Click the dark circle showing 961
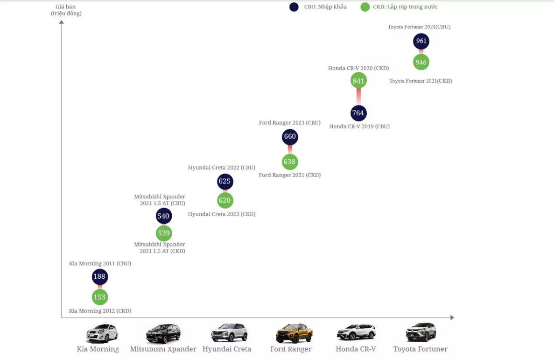point(421,41)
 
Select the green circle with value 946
point(421,62)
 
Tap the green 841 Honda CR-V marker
point(358,81)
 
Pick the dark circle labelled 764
point(358,113)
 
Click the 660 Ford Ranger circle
point(290,137)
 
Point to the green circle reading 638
point(290,162)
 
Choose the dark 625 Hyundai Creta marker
point(225,182)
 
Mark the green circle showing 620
point(225,201)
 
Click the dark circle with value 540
point(164,216)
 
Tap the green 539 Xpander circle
point(164,233)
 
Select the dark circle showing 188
point(100,276)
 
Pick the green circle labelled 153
point(100,297)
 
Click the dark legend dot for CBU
point(294,7)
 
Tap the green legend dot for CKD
point(365,7)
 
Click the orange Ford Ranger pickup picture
point(294,333)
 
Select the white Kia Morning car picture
point(102,333)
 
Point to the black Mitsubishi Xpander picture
point(163,333)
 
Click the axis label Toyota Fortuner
point(420,349)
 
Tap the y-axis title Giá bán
point(66,7)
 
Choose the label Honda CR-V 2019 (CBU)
point(359,127)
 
